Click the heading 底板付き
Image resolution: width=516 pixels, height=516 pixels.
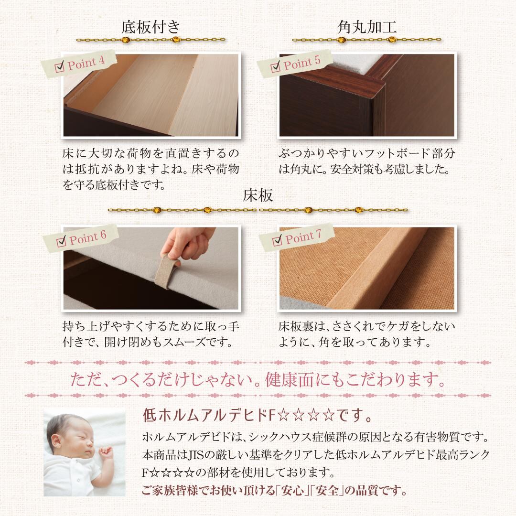[151, 27]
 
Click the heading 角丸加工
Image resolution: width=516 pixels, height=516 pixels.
[367, 27]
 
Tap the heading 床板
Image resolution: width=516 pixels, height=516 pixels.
[258, 195]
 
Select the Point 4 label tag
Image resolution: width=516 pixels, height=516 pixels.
[79, 64]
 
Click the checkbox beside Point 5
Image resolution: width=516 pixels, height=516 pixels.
[276, 67]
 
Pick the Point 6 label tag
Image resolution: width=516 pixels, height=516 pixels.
[81, 238]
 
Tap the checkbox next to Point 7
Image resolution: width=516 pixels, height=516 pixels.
[278, 240]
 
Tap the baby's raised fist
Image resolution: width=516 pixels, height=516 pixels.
[106, 452]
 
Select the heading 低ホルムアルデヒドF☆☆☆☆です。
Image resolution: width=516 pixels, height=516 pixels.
[258, 416]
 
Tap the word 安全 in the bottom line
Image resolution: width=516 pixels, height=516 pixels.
[327, 491]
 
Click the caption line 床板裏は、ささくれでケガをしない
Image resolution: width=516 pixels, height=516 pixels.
[367, 326]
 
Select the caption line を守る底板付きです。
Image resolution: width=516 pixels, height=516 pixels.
[114, 185]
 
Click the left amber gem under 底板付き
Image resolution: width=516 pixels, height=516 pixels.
[125, 40]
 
